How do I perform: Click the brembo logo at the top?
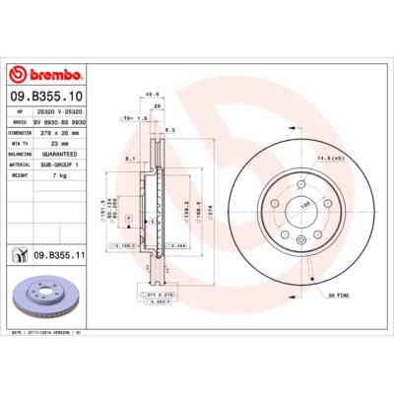(x=46, y=75)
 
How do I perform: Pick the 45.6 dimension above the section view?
(x=153, y=96)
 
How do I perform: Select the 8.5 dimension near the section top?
(x=171, y=129)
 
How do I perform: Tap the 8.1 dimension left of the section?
(x=130, y=155)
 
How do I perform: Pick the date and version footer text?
(x=48, y=335)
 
